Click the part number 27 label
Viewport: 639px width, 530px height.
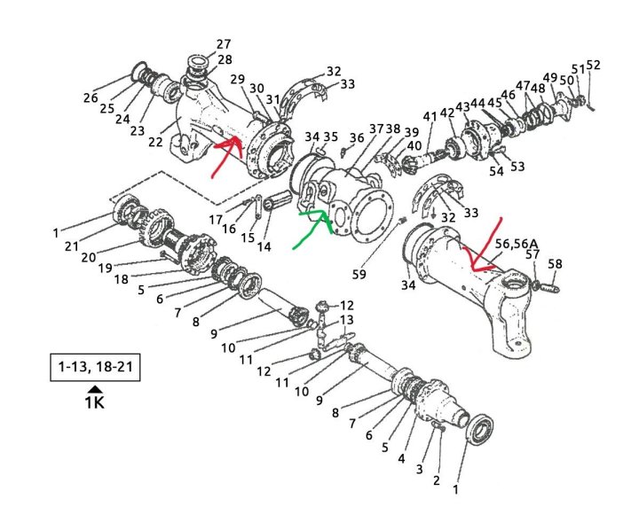click(223, 43)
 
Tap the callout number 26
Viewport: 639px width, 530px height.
click(91, 97)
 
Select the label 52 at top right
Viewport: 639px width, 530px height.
click(593, 65)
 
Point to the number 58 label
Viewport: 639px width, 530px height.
click(555, 263)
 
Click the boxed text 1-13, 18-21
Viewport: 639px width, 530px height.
click(94, 366)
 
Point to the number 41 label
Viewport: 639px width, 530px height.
click(430, 117)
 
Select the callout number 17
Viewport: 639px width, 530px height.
click(216, 219)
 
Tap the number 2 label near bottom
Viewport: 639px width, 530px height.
click(436, 481)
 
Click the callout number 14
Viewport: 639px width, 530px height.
click(264, 246)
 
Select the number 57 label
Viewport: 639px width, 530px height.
click(532, 254)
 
